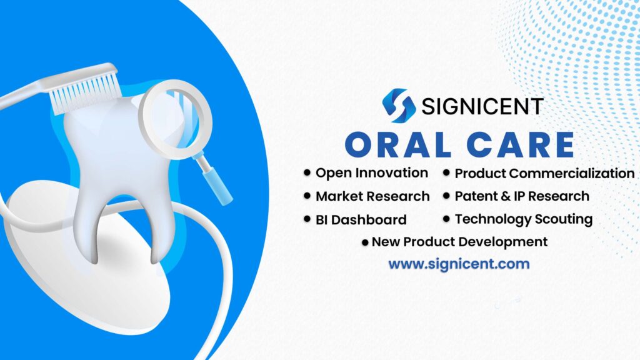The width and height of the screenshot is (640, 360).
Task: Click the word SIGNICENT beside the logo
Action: click(482, 106)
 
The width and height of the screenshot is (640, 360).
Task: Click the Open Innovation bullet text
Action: click(371, 173)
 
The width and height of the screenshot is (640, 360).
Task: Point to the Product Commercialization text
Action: click(544, 174)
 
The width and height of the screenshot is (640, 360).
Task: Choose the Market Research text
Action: click(372, 196)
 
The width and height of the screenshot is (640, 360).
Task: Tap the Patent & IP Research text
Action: click(521, 196)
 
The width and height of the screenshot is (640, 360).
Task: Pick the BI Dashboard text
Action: click(361, 220)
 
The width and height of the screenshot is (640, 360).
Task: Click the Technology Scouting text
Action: click(523, 219)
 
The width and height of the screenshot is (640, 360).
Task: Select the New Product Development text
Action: click(459, 242)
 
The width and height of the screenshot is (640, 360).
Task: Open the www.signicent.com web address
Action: click(459, 264)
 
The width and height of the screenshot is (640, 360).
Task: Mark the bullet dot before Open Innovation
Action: click(307, 172)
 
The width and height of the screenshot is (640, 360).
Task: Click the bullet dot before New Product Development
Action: click(365, 242)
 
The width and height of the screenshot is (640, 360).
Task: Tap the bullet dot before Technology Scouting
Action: click(446, 219)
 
